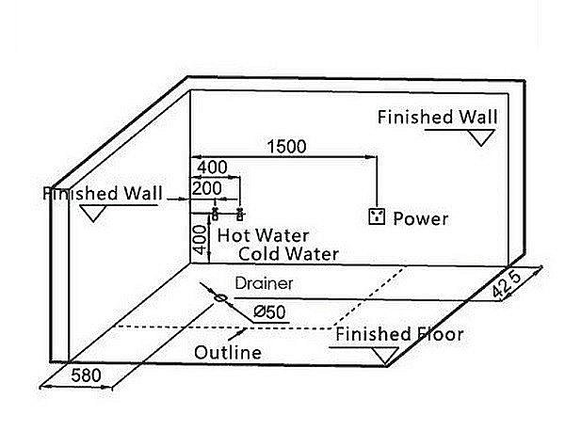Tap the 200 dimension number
(207, 188)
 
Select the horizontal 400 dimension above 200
(212, 167)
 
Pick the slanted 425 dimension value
(506, 284)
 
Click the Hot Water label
(263, 235)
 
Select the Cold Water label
(288, 253)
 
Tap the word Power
(421, 219)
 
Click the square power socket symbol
(378, 217)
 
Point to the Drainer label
(265, 282)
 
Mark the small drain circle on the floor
(221, 298)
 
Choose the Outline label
(228, 353)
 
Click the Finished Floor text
(400, 335)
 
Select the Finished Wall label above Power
(437, 118)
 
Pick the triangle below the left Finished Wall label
(92, 213)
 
